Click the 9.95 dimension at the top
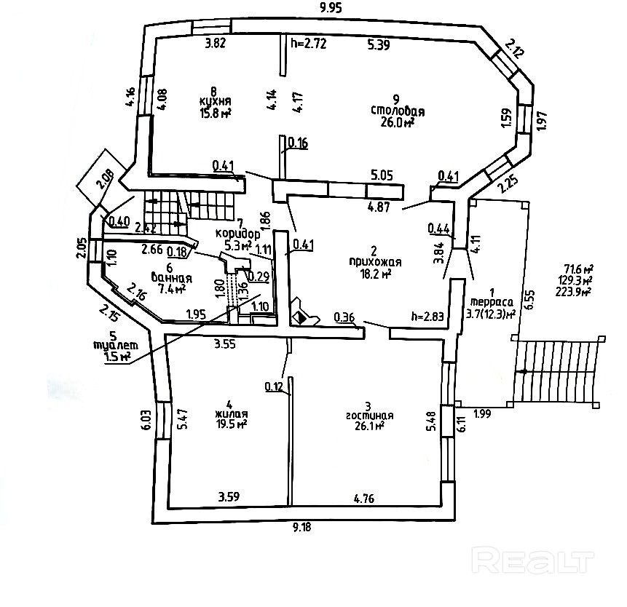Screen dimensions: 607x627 (331, 9)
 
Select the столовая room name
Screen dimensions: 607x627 (398, 111)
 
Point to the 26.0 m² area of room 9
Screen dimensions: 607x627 (398, 123)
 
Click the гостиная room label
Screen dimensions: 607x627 (370, 416)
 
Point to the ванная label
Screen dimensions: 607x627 (172, 277)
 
